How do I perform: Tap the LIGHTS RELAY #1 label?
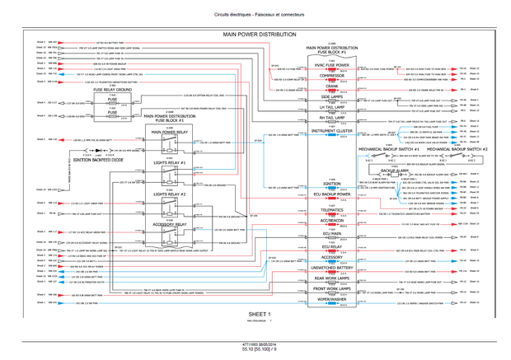(x=171, y=164)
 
